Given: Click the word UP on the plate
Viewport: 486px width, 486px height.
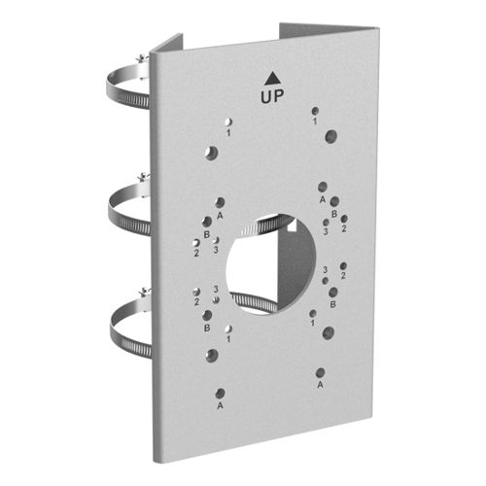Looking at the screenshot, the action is [x=272, y=96].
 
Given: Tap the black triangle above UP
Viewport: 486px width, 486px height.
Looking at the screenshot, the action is [x=272, y=79].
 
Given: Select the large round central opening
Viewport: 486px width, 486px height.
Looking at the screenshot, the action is [x=271, y=264].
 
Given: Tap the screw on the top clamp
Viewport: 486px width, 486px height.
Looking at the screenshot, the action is [x=142, y=59].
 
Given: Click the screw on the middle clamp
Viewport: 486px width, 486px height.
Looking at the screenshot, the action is [x=143, y=177].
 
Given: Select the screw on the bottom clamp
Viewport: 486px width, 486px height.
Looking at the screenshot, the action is [x=144, y=293].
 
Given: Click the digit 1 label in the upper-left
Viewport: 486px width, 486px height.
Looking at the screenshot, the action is [x=228, y=132].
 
